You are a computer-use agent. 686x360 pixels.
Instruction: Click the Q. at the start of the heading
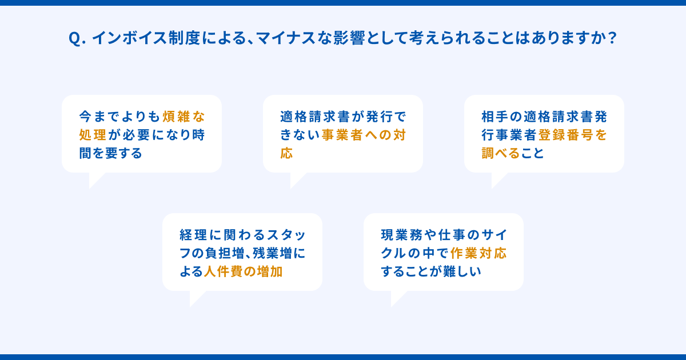coord(76,38)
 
